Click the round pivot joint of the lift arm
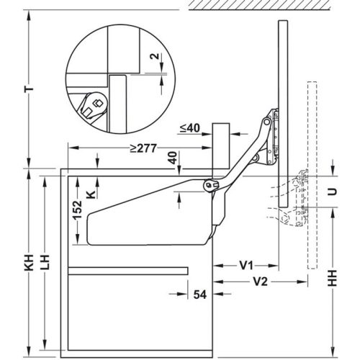[209, 186]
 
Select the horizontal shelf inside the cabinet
[130, 271]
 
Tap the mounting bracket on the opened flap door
[270, 137]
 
